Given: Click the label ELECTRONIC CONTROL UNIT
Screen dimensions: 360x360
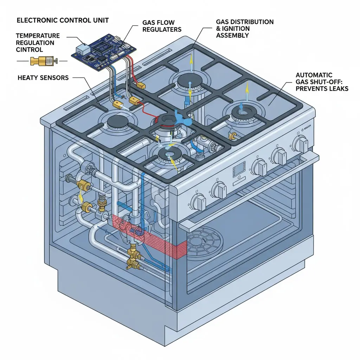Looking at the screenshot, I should [x=58, y=20].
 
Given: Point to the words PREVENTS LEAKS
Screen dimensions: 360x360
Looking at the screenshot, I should [x=322, y=88].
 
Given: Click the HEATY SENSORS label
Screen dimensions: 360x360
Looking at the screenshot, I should [x=43, y=77].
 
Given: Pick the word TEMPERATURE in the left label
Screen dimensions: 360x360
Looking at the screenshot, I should [x=38, y=36].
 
